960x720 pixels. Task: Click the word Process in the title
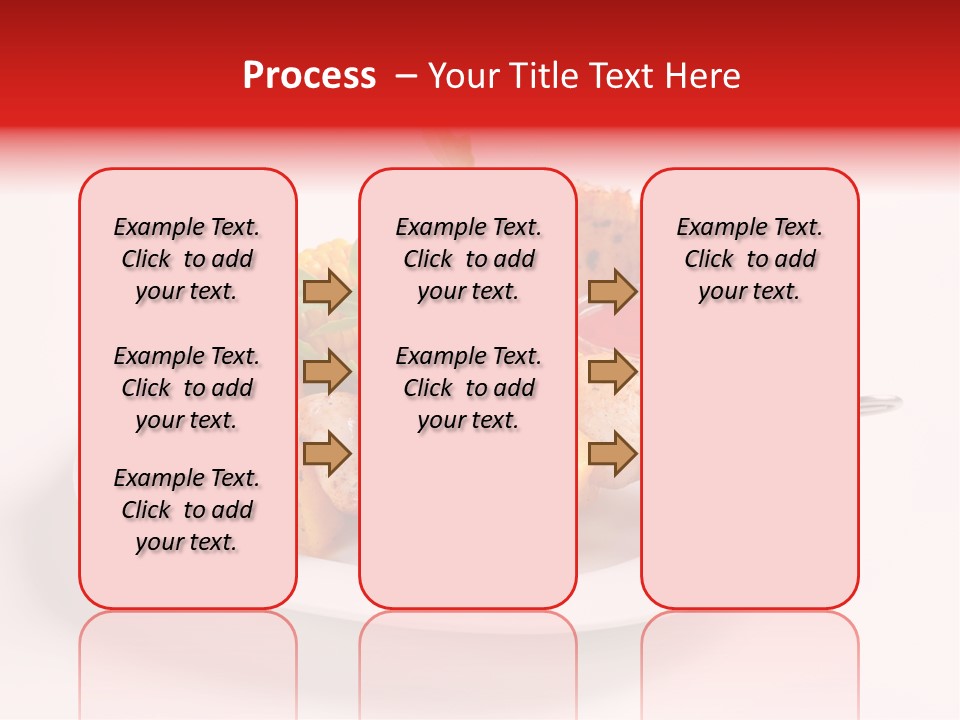309,76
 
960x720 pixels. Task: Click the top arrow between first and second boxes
326,292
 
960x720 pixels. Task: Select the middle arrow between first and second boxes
326,373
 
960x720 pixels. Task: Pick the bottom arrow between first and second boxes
326,454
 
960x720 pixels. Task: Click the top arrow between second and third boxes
612,292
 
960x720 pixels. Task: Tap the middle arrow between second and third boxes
612,373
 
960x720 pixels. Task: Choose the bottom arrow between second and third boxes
612,454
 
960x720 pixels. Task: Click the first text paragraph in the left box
187,259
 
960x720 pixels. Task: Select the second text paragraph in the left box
187,388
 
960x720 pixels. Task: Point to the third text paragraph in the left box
187,510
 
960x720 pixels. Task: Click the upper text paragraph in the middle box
468,259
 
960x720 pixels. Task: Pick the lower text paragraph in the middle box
468,388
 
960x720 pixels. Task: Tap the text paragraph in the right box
749,259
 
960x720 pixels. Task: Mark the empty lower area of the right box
749,470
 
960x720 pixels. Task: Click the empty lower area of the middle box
468,520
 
